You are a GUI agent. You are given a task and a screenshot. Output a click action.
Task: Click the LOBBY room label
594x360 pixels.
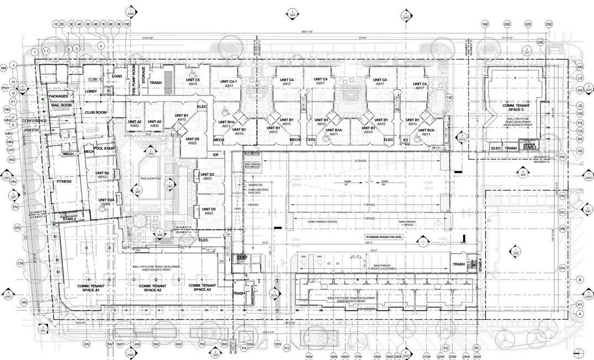point(91,91)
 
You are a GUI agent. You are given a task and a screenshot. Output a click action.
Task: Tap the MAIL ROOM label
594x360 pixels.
point(62,105)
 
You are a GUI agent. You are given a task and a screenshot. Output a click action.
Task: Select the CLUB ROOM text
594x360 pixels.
point(95,112)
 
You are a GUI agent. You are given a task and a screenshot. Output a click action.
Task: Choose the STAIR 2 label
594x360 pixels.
point(69,219)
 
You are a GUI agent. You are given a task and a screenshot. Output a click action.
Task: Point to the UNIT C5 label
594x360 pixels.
point(193,82)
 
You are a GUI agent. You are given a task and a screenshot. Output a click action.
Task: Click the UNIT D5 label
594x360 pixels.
point(193,141)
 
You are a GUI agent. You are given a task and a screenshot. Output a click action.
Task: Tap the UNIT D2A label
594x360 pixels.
point(107,202)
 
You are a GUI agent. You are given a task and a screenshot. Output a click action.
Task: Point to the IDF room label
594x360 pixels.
point(216,155)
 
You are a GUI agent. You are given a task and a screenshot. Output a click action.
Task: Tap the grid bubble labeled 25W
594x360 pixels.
point(477,356)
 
